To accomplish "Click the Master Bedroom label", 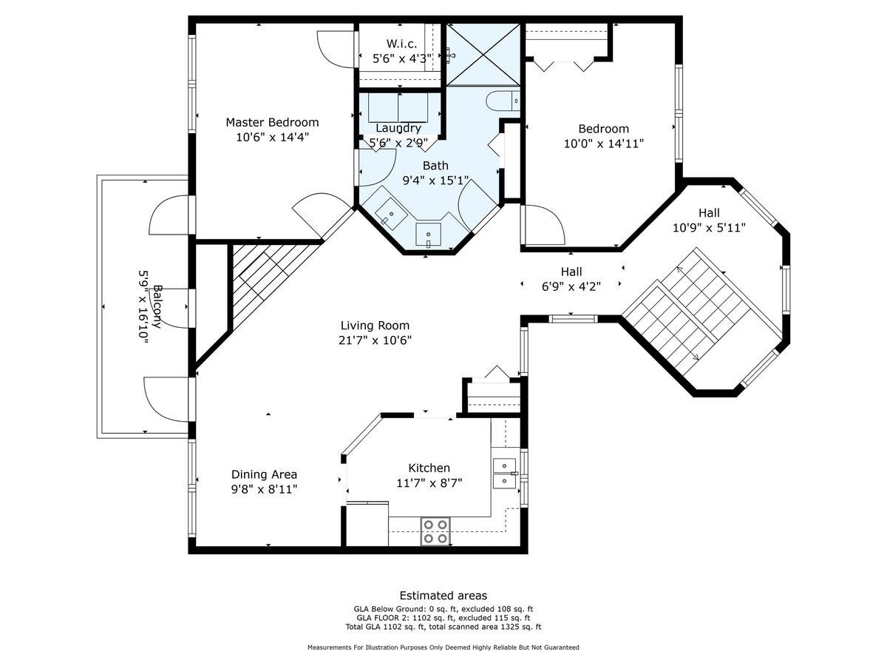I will pos(272,122).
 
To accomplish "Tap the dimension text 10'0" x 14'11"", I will pos(603,144).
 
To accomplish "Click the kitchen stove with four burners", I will pos(435,531).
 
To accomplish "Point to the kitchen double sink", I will pos(504,473).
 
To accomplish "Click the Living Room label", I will pos(375,326).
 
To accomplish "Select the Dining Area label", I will pos(264,474).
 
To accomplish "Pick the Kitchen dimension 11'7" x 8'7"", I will pos(429,482).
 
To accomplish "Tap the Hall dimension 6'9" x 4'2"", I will pos(571,286).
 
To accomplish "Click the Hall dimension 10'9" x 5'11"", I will pos(708,229).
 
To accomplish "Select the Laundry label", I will pos(398,128).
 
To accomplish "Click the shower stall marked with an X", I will pos(484,54).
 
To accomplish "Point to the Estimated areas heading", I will pos(443,596).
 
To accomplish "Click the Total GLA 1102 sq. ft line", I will pos(443,627).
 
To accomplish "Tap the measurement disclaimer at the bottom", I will pos(443,647).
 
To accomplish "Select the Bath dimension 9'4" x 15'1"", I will pos(435,180).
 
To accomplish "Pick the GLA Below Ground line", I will pos(443,608).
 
